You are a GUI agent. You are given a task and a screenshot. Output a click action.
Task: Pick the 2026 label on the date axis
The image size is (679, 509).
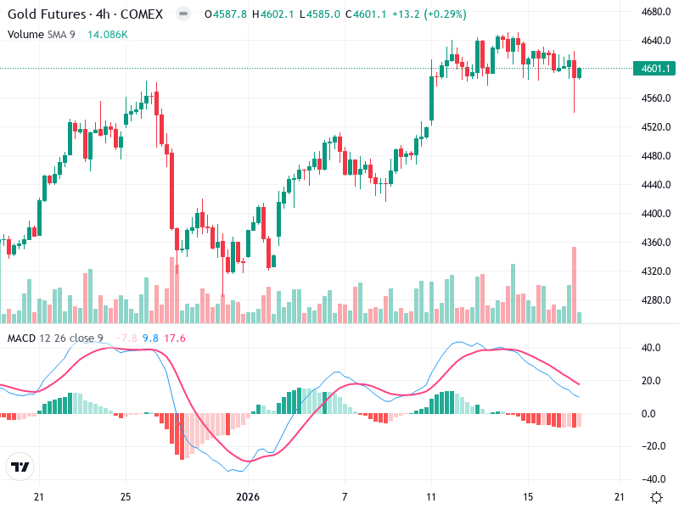pos(247,496)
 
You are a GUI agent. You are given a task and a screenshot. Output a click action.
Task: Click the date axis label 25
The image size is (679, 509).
pos(125,496)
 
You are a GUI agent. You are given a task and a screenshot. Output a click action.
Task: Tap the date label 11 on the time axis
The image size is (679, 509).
pos(431,496)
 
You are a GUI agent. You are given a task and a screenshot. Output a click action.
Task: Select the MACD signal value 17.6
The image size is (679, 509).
pos(175,338)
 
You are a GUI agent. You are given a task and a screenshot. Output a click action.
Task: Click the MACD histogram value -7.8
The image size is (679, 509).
pos(127,338)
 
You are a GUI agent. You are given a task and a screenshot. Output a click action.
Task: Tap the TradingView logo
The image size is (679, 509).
pos(20,467)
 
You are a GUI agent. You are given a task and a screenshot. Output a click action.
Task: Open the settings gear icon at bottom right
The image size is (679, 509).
pos(656,497)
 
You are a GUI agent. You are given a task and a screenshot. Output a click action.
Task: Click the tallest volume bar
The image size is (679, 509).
pos(575,284)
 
